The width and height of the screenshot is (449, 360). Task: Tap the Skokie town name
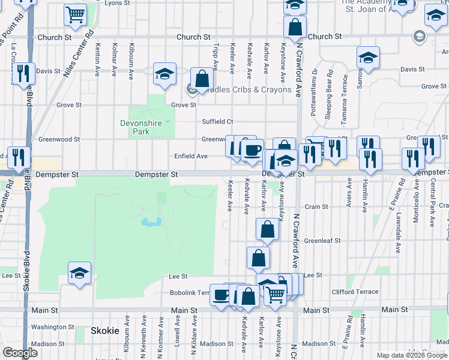[x=104, y=331]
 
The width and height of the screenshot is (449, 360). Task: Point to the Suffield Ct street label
[x=217, y=121]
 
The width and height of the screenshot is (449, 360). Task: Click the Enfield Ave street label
[x=191, y=156]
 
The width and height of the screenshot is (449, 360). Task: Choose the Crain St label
[x=316, y=206]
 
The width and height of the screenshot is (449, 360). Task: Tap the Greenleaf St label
[x=322, y=241]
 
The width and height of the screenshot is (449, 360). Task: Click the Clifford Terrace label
[x=355, y=292]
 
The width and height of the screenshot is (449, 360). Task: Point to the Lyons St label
[x=117, y=3]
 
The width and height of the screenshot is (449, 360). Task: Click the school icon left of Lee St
[x=80, y=274]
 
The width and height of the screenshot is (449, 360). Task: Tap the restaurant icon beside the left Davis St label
[x=23, y=73]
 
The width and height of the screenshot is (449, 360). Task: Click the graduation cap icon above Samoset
[x=368, y=58]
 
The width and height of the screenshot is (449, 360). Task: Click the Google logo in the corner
[x=20, y=353]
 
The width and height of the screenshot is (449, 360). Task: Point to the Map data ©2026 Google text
[x=412, y=355]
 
